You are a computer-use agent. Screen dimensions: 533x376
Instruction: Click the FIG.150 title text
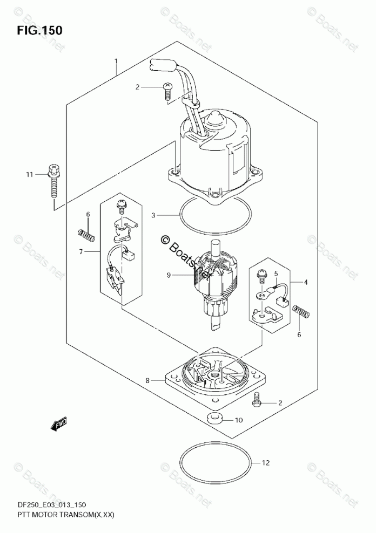(39, 30)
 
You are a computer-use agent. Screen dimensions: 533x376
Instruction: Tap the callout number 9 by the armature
(169, 275)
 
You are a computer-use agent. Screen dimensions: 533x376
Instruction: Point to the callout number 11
(30, 174)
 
